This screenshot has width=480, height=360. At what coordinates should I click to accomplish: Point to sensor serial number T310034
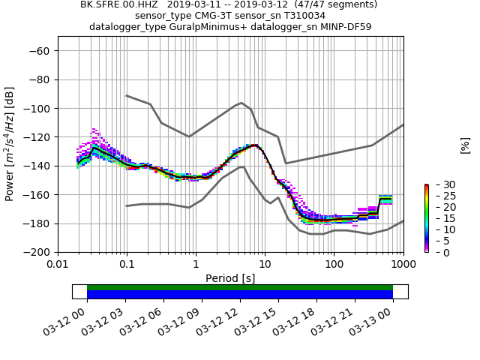tap(300, 15)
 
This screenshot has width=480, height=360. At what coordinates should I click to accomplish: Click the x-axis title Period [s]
tap(230, 278)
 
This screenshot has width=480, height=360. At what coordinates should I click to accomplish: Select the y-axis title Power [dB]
tap(10, 144)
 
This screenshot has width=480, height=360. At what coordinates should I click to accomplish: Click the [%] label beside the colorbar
tap(465, 145)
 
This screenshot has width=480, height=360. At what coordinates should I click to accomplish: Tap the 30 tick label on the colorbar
tap(439, 184)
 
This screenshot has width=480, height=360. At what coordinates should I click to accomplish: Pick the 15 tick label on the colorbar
tap(439, 218)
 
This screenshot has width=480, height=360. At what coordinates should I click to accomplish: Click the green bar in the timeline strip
tap(240, 287)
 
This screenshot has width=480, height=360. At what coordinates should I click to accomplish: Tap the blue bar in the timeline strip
tap(240, 295)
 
